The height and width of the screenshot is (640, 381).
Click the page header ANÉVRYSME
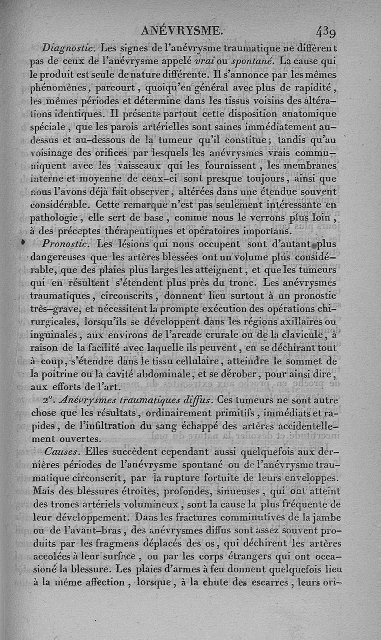coord(182,31)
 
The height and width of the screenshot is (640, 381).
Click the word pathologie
coord(57,218)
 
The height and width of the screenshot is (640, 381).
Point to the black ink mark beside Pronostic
coord(22,242)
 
